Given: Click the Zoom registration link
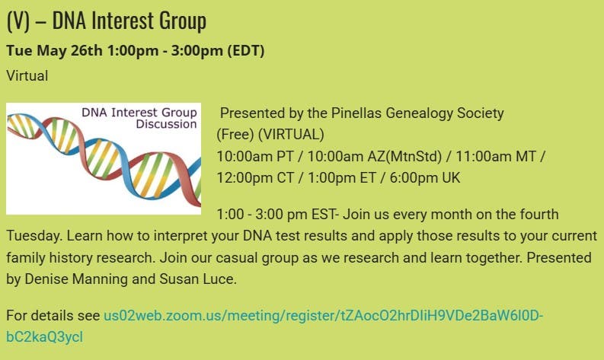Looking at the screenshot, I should [x=323, y=315].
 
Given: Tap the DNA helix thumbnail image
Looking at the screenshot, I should [x=103, y=158].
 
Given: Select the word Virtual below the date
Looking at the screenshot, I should [x=27, y=75].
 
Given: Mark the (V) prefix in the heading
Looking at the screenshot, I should [x=18, y=21].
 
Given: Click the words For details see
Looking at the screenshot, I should [x=53, y=315].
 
